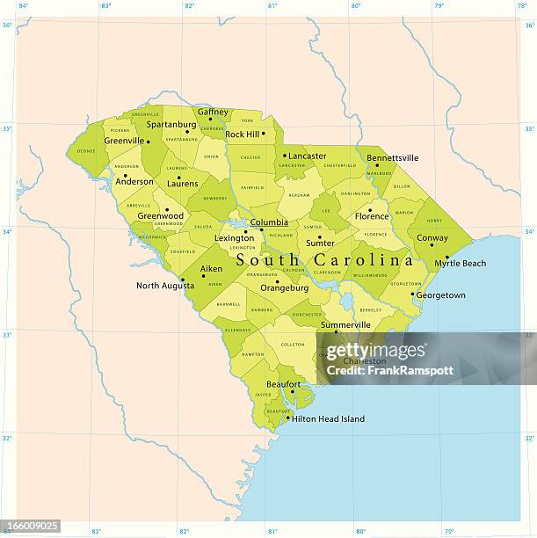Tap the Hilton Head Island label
pos(329,419)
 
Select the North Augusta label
pos(165,286)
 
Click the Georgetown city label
pos(440,295)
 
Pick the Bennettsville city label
pos(392,158)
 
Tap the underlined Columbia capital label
pos(269,222)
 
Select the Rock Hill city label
pos(242,134)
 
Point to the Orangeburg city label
pos(284,287)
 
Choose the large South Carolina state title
pos(324,260)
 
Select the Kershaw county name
pos(299,195)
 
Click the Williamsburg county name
pos(370,275)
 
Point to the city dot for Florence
pos(370,210)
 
